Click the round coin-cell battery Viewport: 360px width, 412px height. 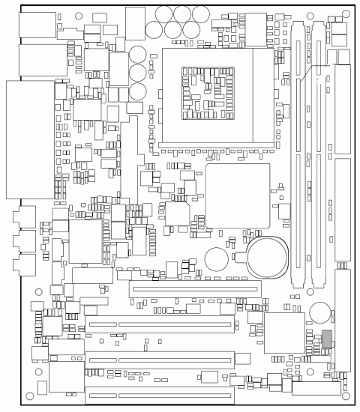pyautogui.click(x=267, y=255)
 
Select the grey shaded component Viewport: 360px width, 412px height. pyautogui.click(x=325, y=338)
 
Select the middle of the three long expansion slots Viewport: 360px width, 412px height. pyautogui.click(x=159, y=360)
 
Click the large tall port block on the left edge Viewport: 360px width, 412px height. pyautogui.click(x=30, y=139)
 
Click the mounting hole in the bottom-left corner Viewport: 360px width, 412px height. pyautogui.click(x=29, y=396)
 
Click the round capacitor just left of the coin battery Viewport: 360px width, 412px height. pyautogui.click(x=217, y=258)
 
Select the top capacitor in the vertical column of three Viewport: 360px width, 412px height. pyautogui.click(x=138, y=55)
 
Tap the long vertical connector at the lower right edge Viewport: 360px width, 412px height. pyautogui.click(x=342, y=322)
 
